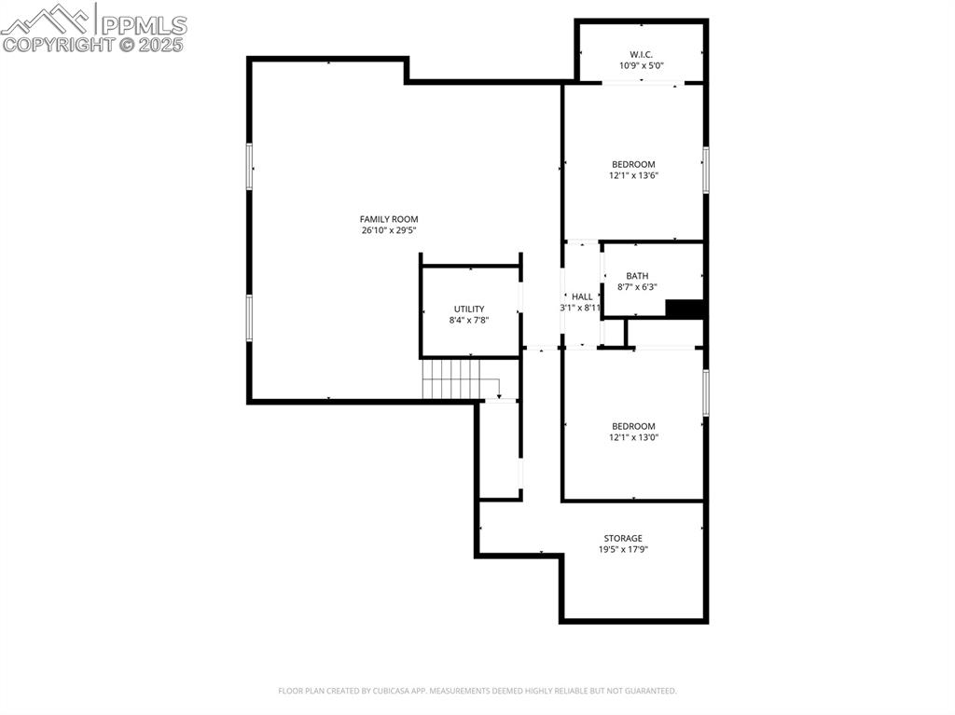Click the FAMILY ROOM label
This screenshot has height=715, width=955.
tap(389, 219)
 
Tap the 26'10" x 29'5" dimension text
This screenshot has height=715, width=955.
tap(389, 230)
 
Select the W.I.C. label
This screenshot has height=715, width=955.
tap(642, 54)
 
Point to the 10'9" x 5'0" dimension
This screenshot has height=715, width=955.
tap(642, 65)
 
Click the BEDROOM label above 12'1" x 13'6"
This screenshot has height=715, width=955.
tap(633, 164)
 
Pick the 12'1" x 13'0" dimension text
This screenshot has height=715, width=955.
tap(633, 437)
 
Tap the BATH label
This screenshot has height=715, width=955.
tap(637, 276)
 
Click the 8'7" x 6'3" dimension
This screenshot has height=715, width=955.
tap(637, 287)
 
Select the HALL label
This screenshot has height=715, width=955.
tap(582, 296)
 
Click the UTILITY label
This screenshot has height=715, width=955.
tap(469, 309)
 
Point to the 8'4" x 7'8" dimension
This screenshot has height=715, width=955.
tap(469, 320)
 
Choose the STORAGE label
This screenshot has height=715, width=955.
tap(623, 539)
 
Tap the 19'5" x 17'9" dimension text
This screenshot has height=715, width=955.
tap(623, 549)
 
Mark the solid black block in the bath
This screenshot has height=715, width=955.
tap(685, 309)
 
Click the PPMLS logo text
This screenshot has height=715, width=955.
tap(144, 25)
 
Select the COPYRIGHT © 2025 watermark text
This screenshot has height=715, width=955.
tap(92, 45)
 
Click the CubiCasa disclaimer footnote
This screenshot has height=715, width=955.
tap(477, 691)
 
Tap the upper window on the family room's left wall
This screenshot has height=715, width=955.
tap(249, 166)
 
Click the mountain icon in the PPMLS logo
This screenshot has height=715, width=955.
tap(48, 20)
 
